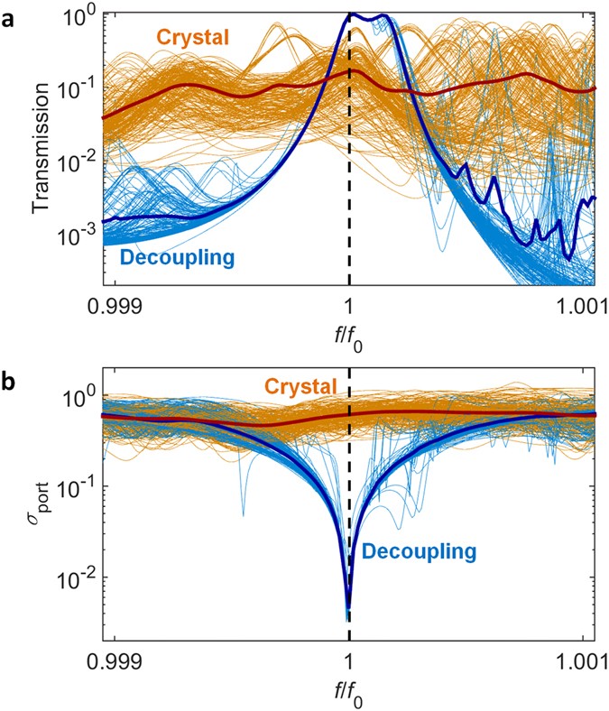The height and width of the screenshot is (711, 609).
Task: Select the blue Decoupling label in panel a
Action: pyautogui.click(x=177, y=258)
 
